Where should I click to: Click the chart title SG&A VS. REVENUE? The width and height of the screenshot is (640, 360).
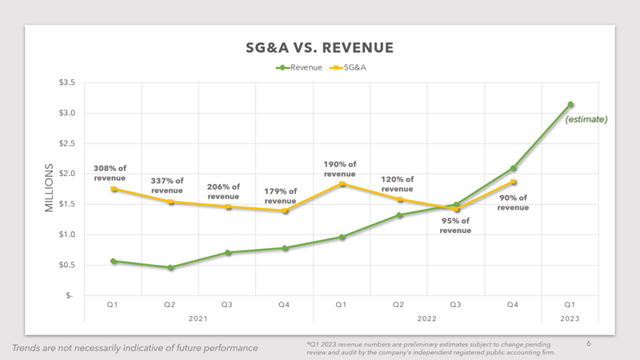pos(319,48)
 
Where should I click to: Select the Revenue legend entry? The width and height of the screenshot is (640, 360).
pos(298,67)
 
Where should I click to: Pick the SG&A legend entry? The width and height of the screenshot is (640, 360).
pos(348,67)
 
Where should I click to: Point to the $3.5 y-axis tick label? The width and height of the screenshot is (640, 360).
pos(67,82)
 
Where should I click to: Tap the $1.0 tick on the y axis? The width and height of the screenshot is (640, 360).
pos(67,234)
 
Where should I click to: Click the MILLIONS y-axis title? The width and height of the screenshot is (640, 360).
pos(49,188)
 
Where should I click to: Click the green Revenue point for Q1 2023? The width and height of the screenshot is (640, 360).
pos(570,105)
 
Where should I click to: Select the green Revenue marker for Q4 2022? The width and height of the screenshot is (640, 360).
pos(513,168)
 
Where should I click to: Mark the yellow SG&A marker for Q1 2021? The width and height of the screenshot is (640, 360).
pos(114,189)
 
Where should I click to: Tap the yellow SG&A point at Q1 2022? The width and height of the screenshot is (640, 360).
pos(342,184)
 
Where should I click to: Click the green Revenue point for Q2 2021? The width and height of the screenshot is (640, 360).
pos(170,268)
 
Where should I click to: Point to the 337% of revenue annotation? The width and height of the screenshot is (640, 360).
pos(167,186)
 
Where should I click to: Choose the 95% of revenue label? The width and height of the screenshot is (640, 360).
pos(455,226)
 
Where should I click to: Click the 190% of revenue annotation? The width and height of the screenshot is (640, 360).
pos(339,169)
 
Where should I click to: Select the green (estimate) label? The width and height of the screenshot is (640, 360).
pos(586,119)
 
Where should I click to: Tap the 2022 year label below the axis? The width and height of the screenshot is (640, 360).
pos(427,318)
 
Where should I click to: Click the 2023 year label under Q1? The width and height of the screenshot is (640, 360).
pos(570,318)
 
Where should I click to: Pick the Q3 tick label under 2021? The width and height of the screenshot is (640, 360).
pos(227,305)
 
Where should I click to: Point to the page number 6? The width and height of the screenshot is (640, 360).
pos(589,344)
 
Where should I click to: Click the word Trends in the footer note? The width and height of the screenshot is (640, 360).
pos(26,348)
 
